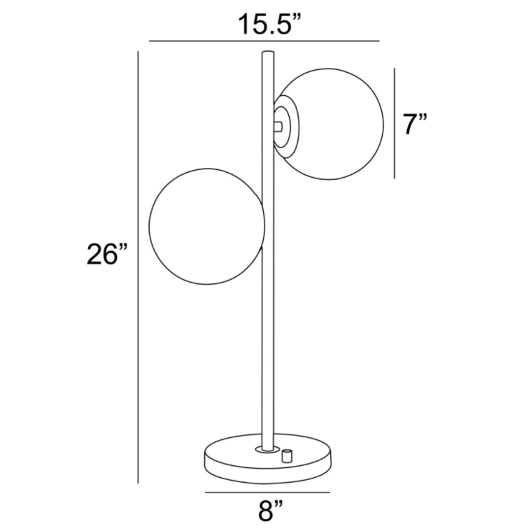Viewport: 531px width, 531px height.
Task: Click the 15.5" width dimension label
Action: [x=269, y=24]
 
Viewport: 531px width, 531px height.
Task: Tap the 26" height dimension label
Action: [x=106, y=254]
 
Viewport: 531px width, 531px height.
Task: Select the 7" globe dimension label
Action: [x=414, y=124]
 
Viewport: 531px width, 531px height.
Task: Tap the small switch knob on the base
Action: [x=287, y=455]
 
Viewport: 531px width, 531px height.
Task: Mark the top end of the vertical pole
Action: [x=267, y=52]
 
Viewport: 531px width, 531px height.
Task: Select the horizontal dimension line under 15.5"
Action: [x=264, y=41]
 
